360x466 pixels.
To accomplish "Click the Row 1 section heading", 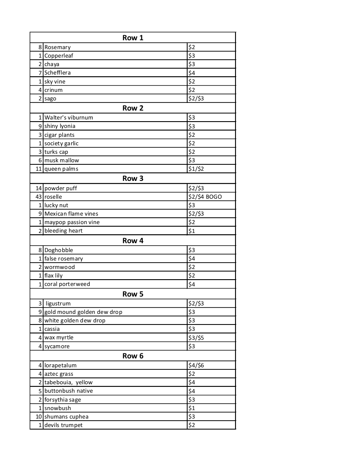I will click(133, 38).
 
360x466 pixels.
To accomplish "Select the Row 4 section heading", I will click(133, 241).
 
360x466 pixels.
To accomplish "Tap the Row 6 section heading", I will click(133, 356).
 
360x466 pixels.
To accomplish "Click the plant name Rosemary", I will click(58, 47).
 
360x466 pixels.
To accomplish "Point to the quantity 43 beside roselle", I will click(39, 197).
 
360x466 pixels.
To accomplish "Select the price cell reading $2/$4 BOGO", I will click(205, 197).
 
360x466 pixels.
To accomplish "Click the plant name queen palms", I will click(61, 169).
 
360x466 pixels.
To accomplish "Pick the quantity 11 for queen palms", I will click(39, 169).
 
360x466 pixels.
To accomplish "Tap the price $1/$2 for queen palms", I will click(196, 169).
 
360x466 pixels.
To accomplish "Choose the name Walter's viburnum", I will click(69, 117).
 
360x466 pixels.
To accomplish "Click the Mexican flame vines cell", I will click(71, 214).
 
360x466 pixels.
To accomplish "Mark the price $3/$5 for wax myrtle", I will click(196, 338).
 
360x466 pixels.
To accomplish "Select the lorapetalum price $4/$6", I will click(196, 365).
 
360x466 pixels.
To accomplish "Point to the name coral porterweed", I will click(67, 284).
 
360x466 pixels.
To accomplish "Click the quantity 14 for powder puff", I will click(39, 188).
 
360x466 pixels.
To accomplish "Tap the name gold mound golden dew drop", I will click(83, 312).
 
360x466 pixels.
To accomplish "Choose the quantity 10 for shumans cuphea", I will click(39, 416).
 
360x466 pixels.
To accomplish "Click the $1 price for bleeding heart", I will click(192, 231).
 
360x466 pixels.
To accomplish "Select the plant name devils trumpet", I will click(64, 425).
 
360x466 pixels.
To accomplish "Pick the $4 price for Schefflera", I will click(192, 73).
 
